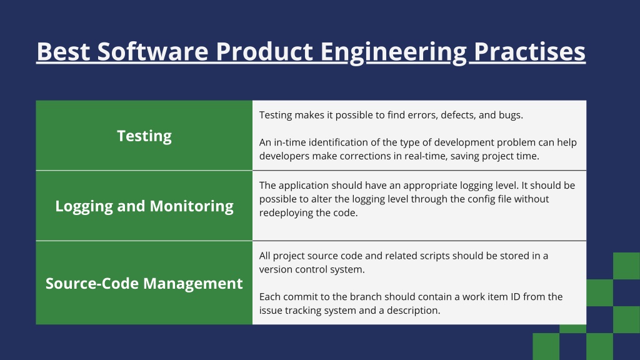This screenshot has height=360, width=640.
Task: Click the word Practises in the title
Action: coord(529,52)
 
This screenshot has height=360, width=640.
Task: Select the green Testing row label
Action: coord(144,136)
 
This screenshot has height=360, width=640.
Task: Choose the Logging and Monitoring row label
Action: coord(144,206)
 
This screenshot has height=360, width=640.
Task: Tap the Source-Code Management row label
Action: coord(144,283)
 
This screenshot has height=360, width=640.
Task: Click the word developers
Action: coord(282,156)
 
